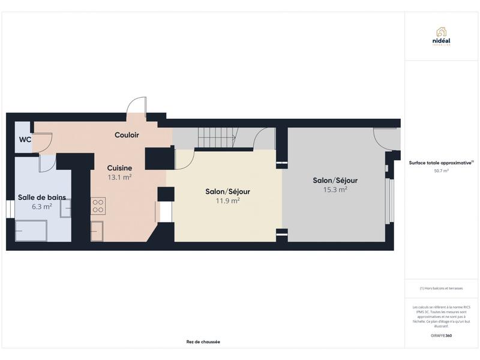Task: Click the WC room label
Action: pyautogui.click(x=25, y=139)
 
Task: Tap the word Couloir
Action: pyautogui.click(x=127, y=135)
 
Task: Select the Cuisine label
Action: pyautogui.click(x=119, y=168)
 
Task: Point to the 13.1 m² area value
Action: pyautogui.click(x=119, y=178)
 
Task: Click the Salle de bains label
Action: pyautogui.click(x=42, y=197)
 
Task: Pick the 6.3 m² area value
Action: pyautogui.click(x=42, y=206)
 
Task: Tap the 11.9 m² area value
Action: pyautogui.click(x=227, y=201)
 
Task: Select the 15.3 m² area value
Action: pyautogui.click(x=335, y=190)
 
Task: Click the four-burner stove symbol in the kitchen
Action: pyautogui.click(x=98, y=206)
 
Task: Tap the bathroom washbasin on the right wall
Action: pyautogui.click(x=65, y=207)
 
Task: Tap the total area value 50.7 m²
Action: pyautogui.click(x=441, y=170)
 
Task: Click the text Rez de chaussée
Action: pyautogui.click(x=203, y=342)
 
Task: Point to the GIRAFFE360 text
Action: pyautogui.click(x=441, y=335)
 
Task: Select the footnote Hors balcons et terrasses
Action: pyautogui.click(x=441, y=289)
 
